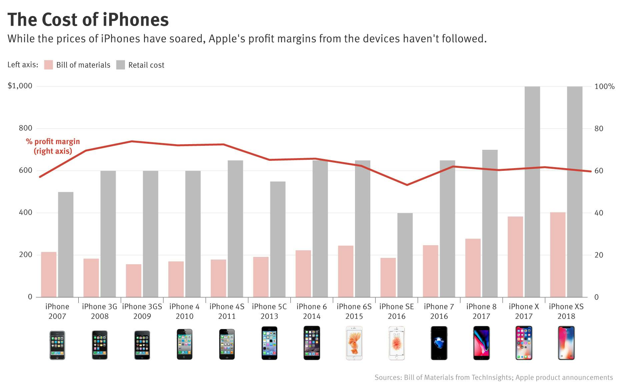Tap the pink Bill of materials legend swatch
(x=49, y=65)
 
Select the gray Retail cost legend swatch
(x=120, y=65)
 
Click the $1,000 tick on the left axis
(x=20, y=86)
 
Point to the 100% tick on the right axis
(x=604, y=86)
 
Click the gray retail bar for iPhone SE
(x=405, y=255)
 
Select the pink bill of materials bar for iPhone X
(x=515, y=257)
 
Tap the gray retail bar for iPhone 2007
(x=66, y=244)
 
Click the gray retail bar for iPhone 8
(x=490, y=223)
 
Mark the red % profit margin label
(x=53, y=146)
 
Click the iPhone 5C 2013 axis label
(x=269, y=311)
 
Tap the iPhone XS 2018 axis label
(x=566, y=311)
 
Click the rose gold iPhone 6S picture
(x=354, y=343)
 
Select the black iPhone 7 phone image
(x=439, y=343)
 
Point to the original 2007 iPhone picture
(x=57, y=345)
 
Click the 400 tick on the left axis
(x=25, y=213)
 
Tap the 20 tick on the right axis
(x=599, y=255)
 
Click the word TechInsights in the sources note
(x=492, y=377)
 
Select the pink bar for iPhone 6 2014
(x=303, y=274)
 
